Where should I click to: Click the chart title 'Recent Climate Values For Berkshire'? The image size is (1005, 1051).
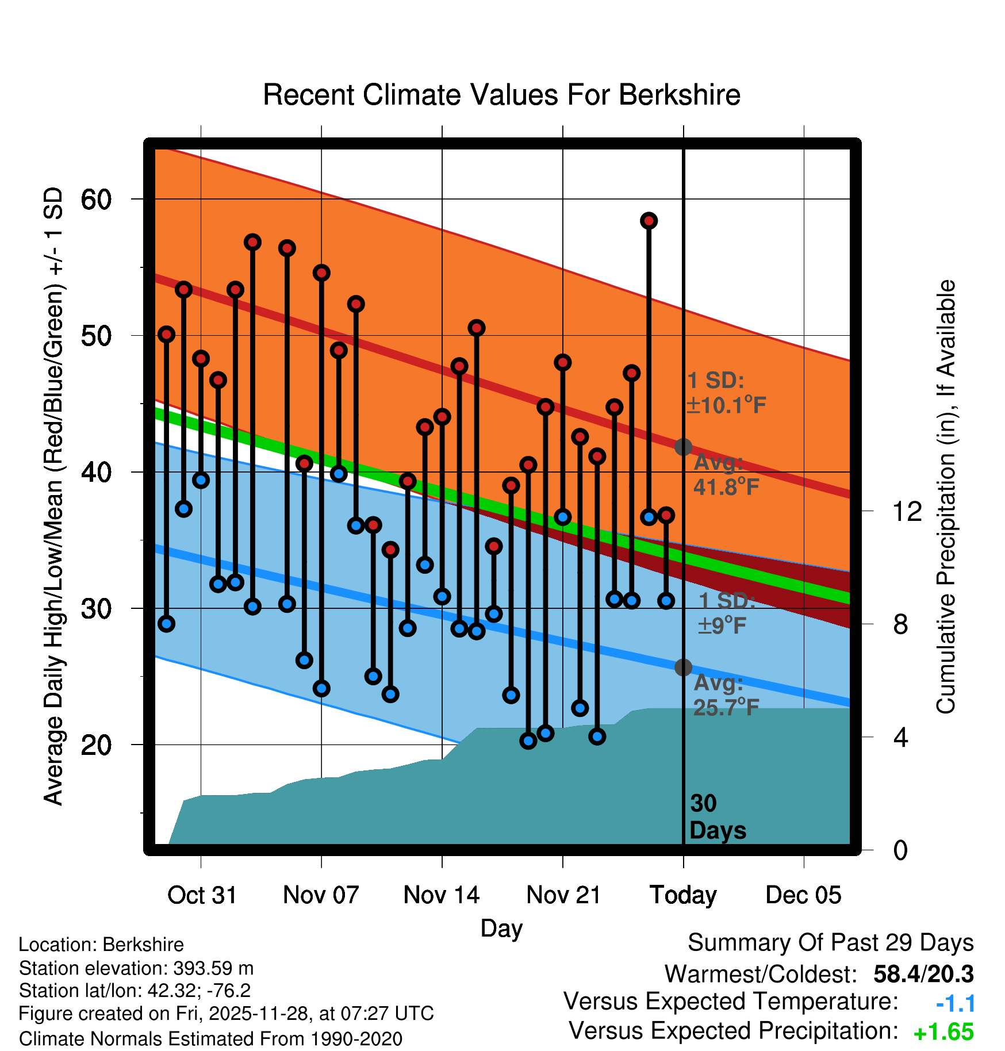click(x=501, y=95)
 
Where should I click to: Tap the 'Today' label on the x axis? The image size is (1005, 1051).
click(x=683, y=895)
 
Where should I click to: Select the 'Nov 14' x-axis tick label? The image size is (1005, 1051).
click(x=442, y=895)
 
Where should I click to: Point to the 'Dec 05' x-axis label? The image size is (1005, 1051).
click(x=803, y=895)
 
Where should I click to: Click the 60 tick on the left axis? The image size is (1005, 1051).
click(x=95, y=200)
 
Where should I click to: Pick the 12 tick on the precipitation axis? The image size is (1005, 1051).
click(x=907, y=511)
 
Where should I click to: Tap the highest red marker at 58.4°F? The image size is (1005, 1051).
click(x=649, y=221)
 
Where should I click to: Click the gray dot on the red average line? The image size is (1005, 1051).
click(x=683, y=447)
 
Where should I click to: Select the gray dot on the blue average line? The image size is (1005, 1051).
click(x=683, y=668)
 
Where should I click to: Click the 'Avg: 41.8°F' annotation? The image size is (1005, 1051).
click(x=725, y=475)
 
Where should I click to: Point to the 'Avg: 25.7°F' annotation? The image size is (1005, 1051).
click(x=725, y=695)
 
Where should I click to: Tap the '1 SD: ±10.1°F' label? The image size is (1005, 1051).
click(x=726, y=393)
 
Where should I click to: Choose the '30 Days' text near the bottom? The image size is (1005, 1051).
click(x=717, y=817)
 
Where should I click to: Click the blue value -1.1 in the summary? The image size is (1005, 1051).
click(x=956, y=1004)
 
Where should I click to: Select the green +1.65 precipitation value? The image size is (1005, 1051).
click(x=943, y=1033)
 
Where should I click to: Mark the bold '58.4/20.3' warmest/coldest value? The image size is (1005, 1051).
click(x=923, y=974)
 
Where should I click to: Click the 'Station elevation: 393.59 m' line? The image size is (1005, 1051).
click(x=136, y=968)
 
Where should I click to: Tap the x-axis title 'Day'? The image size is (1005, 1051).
click(x=501, y=928)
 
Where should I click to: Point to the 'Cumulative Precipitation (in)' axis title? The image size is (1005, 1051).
click(x=946, y=497)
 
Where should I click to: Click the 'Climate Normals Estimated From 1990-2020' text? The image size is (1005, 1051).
click(x=210, y=1039)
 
